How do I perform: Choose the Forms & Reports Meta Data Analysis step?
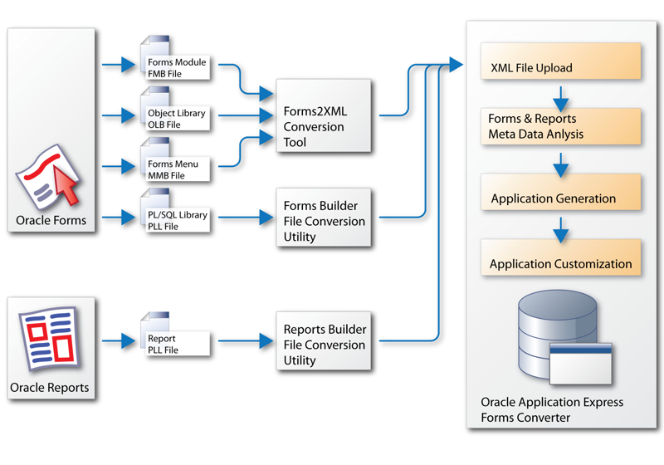click(560, 126)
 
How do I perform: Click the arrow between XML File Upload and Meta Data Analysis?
click(560, 94)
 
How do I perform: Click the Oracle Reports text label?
click(49, 388)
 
